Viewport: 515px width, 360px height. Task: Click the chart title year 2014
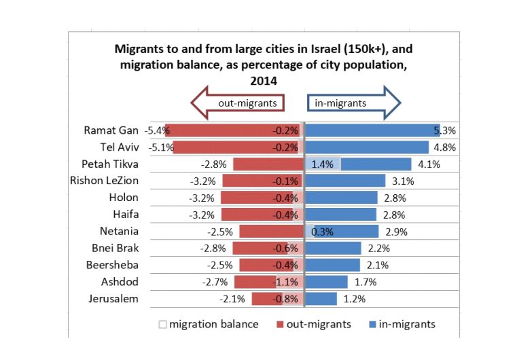[257, 80]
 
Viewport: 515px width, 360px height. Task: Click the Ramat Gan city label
[111, 130]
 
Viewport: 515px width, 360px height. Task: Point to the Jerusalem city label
[113, 298]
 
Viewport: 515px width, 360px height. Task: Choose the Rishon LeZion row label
[104, 181]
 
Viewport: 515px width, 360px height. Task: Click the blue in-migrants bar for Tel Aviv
[367, 147]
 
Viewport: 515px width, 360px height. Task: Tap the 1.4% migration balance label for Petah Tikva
[322, 164]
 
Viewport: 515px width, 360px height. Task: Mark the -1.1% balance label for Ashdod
[285, 282]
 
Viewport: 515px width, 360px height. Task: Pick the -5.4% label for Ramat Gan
[156, 130]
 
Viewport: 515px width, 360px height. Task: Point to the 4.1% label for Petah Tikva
[429, 164]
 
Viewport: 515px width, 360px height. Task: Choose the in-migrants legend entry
[401, 324]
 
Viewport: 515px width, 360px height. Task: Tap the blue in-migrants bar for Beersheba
[333, 265]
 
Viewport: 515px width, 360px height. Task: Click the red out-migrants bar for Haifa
[258, 215]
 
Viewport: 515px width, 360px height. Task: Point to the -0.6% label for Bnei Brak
[285, 248]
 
